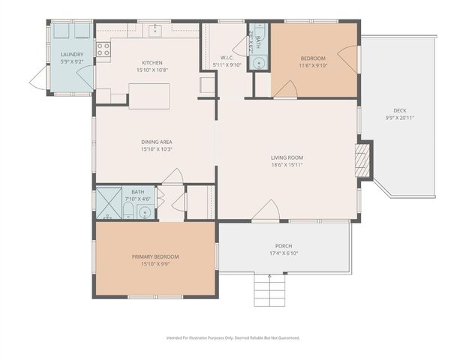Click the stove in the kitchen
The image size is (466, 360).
coord(104,49)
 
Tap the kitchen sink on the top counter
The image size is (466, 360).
coord(155,30)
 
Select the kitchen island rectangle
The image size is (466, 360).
coord(149,96)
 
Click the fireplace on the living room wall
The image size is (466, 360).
coord(364,159)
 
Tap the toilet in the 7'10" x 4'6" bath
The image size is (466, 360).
coord(128,210)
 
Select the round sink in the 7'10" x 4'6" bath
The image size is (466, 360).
coord(144,212)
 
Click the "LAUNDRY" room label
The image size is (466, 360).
coord(71,55)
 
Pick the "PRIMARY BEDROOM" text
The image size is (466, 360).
coord(155,256)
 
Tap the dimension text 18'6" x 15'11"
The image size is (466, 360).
coord(287,164)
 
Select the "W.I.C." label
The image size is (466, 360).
coord(228,57)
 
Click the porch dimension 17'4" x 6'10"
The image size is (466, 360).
coord(284,253)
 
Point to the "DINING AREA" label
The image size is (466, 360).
coord(157,141)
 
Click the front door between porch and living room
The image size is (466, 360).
coord(265,213)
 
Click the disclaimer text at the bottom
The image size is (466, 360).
coord(233,337)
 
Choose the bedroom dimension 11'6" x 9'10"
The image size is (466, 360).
coord(313,65)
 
